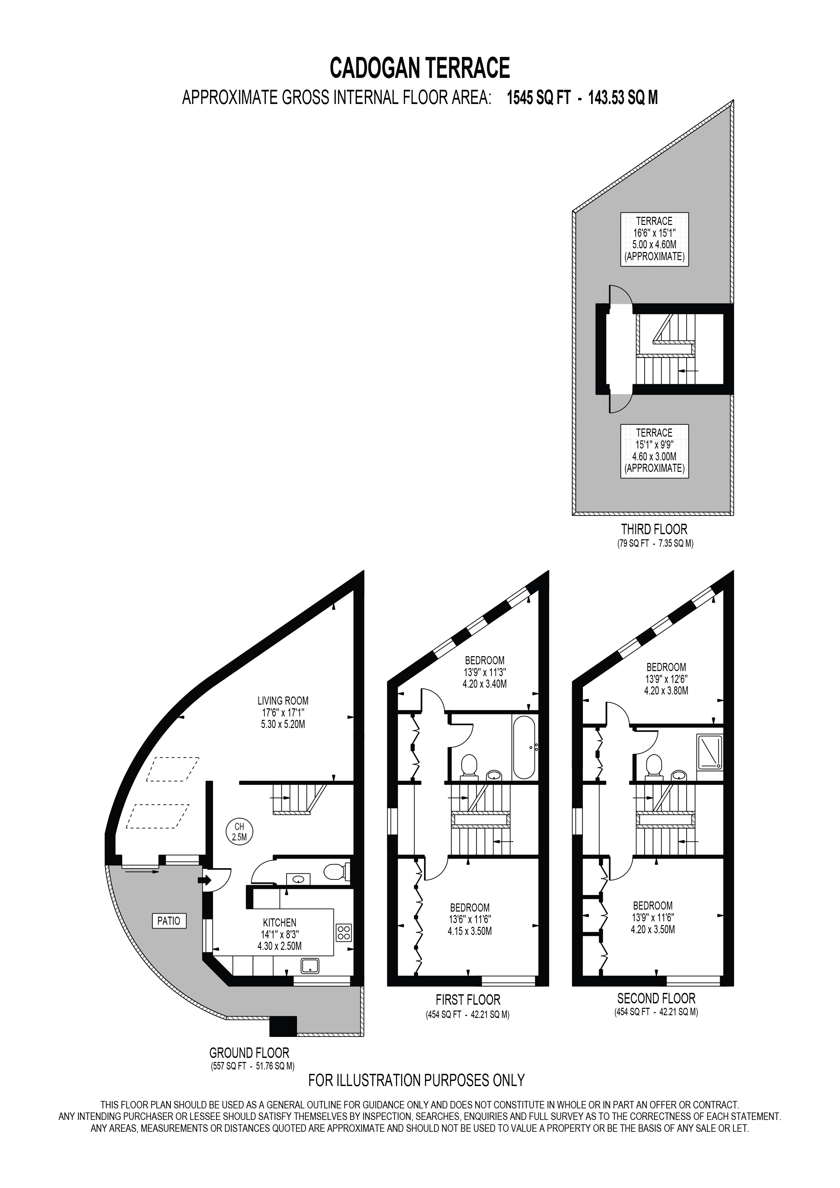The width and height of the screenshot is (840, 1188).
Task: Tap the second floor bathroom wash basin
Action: coord(679,775)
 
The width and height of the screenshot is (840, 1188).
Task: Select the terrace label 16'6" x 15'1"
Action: coord(654,239)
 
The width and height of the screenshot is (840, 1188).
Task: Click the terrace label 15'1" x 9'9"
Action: coord(654,451)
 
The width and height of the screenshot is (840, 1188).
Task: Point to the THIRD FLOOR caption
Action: coord(654,529)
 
